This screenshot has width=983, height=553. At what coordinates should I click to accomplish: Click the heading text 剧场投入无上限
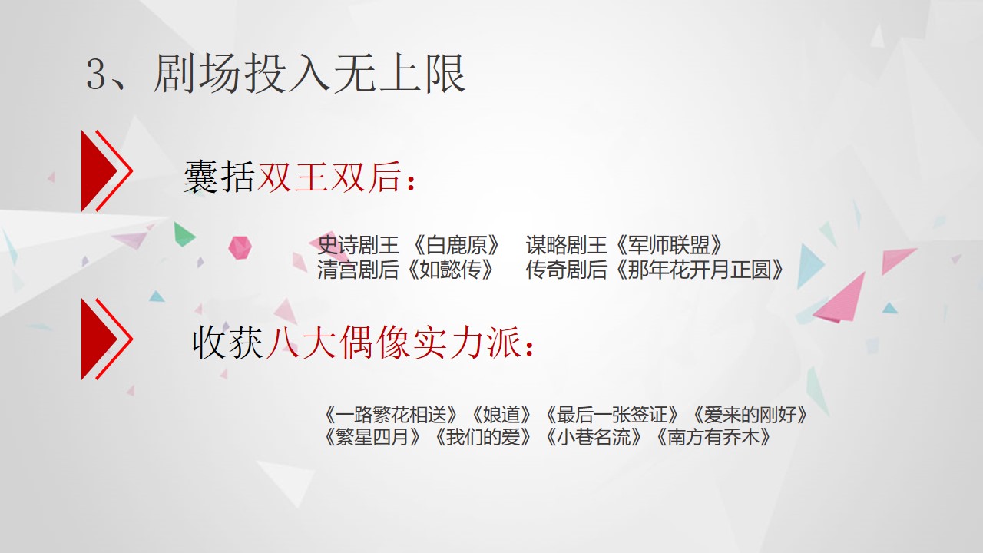(x=309, y=74)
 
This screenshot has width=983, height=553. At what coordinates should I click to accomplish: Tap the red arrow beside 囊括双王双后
(x=107, y=171)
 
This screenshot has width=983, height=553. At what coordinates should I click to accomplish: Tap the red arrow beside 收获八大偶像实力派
(x=107, y=339)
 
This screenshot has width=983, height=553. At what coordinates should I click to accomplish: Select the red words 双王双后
(x=329, y=177)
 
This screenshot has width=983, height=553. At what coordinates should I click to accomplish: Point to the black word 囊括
(x=220, y=177)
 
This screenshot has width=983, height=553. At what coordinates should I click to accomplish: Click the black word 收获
(x=228, y=343)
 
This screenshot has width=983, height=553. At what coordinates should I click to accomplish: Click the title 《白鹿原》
(x=457, y=245)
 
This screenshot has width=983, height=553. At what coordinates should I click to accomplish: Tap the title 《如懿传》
(x=451, y=270)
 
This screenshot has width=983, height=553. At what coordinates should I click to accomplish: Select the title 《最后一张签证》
(x=612, y=414)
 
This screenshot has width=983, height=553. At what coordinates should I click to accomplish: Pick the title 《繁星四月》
(x=373, y=437)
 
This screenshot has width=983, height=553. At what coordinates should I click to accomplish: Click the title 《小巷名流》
(x=594, y=437)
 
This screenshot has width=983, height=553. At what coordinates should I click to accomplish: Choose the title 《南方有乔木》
(x=713, y=437)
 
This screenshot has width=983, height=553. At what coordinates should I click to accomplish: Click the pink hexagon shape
(x=240, y=247)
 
